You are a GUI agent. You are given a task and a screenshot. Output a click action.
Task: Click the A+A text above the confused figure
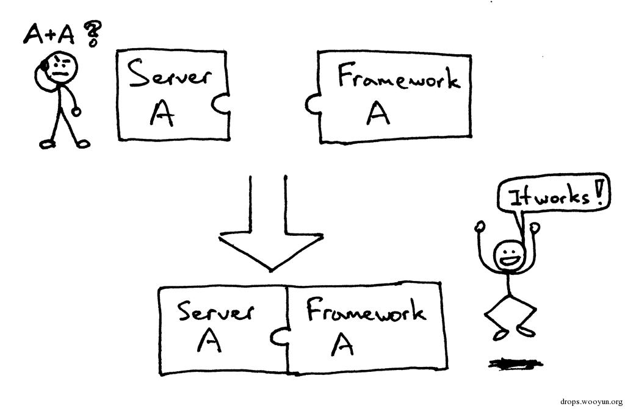[x=49, y=35]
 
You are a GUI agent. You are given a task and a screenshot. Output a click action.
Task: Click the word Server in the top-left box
[x=170, y=76]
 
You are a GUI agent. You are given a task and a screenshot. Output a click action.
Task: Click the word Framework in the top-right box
[x=399, y=79]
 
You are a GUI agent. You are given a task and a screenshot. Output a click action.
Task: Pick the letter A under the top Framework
[x=378, y=112]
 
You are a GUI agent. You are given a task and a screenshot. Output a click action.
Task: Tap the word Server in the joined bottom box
[x=215, y=312]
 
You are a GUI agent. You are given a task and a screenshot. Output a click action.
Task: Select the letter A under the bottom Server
[x=209, y=341]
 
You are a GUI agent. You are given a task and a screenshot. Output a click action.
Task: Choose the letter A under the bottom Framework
[x=343, y=345]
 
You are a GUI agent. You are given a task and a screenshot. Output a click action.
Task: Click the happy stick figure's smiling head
[x=508, y=255]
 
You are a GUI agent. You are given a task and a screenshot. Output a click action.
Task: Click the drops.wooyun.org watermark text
[x=590, y=401]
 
